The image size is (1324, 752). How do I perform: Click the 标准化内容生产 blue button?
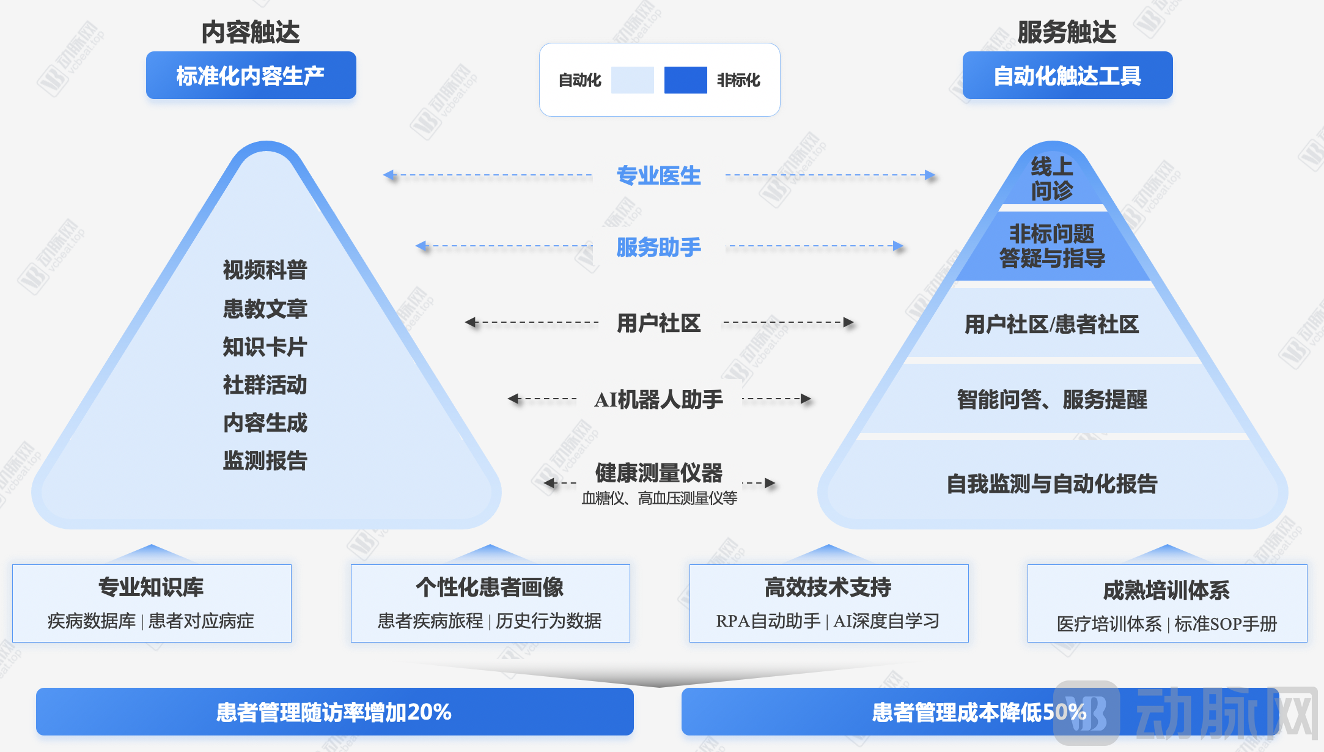point(251,75)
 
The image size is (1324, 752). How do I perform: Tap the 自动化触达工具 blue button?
point(1067,75)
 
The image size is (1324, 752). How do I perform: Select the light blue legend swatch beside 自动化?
point(632,80)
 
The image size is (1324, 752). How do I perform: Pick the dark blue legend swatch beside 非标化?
point(685,80)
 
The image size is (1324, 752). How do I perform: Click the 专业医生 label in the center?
point(658,175)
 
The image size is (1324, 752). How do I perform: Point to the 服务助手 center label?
point(658,247)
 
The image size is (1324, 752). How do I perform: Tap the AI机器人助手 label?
point(658,399)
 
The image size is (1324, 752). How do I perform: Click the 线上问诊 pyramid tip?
point(1051,179)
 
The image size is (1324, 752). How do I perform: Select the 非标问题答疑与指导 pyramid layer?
point(1051,246)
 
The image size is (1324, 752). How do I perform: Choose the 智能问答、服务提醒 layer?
point(1051,399)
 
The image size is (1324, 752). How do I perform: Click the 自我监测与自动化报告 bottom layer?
point(1051,484)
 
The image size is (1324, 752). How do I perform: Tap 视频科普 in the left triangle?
point(265,270)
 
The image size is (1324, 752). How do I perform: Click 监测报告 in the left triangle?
point(265,460)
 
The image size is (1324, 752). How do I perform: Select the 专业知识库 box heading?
point(151,587)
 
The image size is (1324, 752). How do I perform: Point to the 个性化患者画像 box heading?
point(490,587)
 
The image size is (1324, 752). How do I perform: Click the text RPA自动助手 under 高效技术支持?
point(768,621)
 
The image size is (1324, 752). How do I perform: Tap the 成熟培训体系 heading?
point(1166,590)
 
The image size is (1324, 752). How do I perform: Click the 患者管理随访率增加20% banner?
point(334,712)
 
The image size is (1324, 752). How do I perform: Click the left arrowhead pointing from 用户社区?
point(470,322)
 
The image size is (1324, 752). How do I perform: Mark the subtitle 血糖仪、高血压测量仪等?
point(659,498)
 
